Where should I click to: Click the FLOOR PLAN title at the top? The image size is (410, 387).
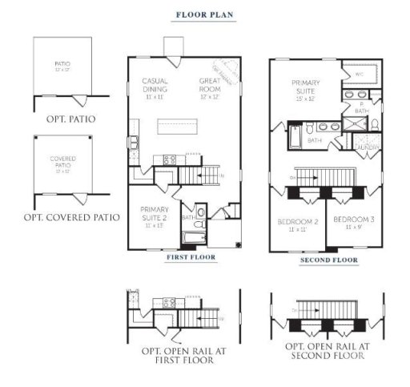coord(205,14)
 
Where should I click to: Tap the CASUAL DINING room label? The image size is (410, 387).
coord(155,85)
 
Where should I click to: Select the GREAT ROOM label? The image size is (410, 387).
coord(210,85)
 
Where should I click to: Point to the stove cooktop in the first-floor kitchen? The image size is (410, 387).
coord(169,159)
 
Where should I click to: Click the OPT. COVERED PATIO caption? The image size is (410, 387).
coord(71,217)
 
